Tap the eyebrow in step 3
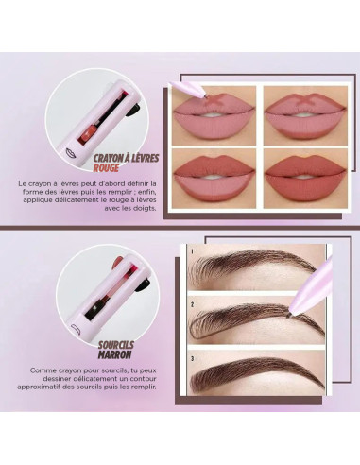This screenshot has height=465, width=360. pos(250,376)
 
